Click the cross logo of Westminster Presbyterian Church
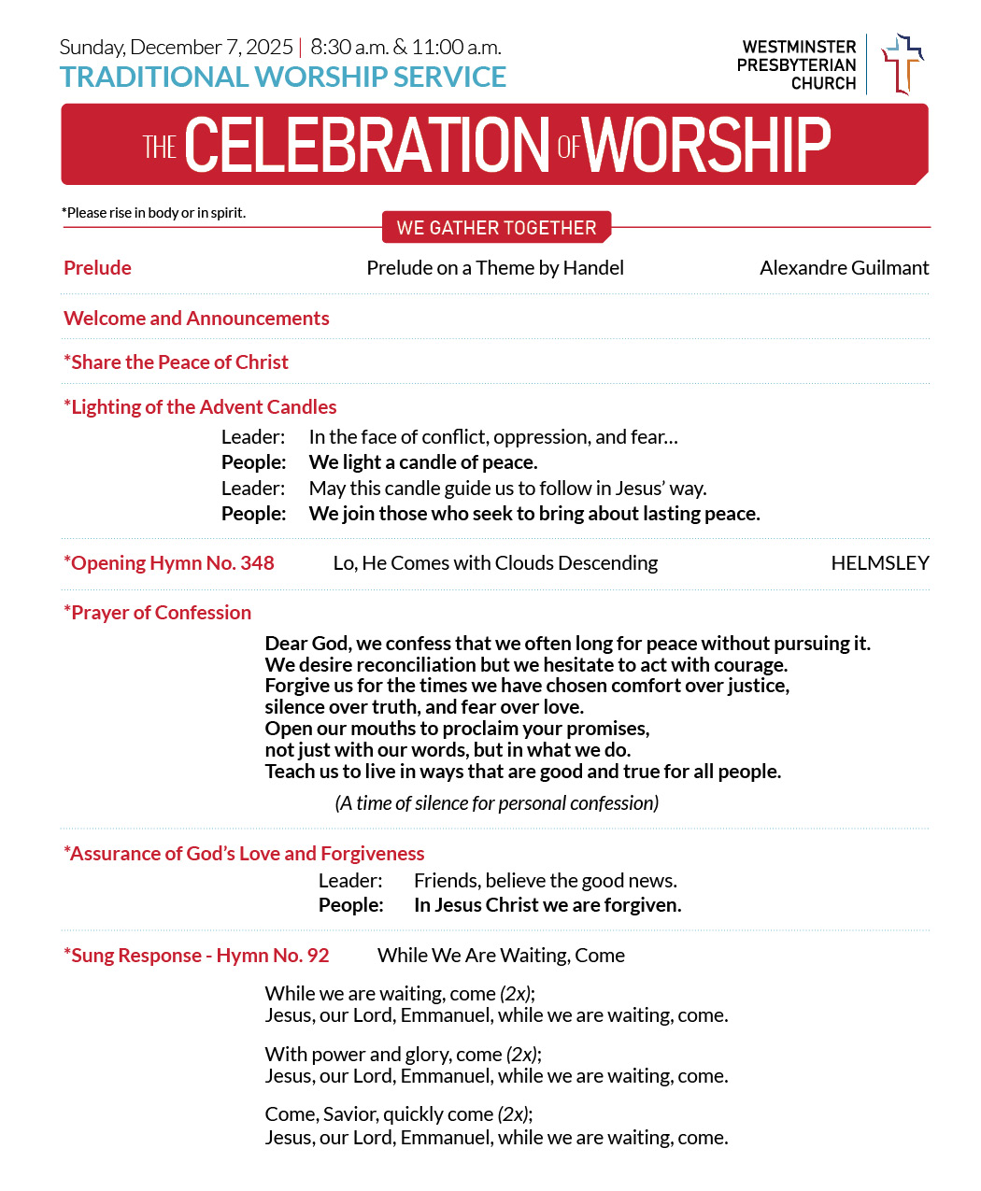902,64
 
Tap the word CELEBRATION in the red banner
367,146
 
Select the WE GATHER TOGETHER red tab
496,228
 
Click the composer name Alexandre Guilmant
844,268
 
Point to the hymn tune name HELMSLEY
879,563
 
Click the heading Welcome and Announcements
196,319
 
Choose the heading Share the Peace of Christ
176,362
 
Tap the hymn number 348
257,563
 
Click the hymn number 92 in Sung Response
318,956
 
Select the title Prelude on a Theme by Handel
495,268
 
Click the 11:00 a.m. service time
456,48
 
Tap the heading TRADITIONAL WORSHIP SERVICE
283,78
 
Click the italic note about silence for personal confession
496,803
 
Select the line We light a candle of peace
423,462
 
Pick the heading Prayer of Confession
158,613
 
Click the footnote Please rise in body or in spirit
154,213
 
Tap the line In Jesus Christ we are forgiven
547,905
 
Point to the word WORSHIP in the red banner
707,146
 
